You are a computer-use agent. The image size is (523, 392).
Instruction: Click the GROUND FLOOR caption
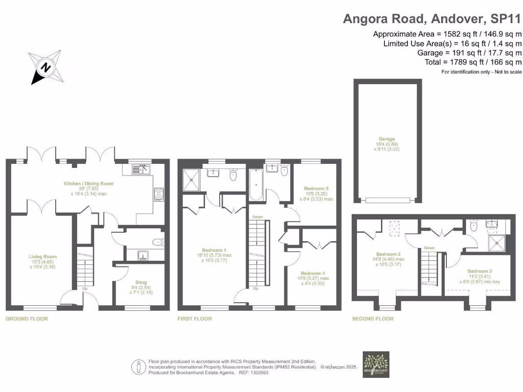point(27,318)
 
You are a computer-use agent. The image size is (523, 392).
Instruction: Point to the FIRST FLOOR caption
point(195,318)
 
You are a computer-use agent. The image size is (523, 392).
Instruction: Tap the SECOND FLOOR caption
point(373,318)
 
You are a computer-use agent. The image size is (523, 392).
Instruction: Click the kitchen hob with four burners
point(159,194)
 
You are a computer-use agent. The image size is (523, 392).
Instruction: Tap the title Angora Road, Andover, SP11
point(432,19)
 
